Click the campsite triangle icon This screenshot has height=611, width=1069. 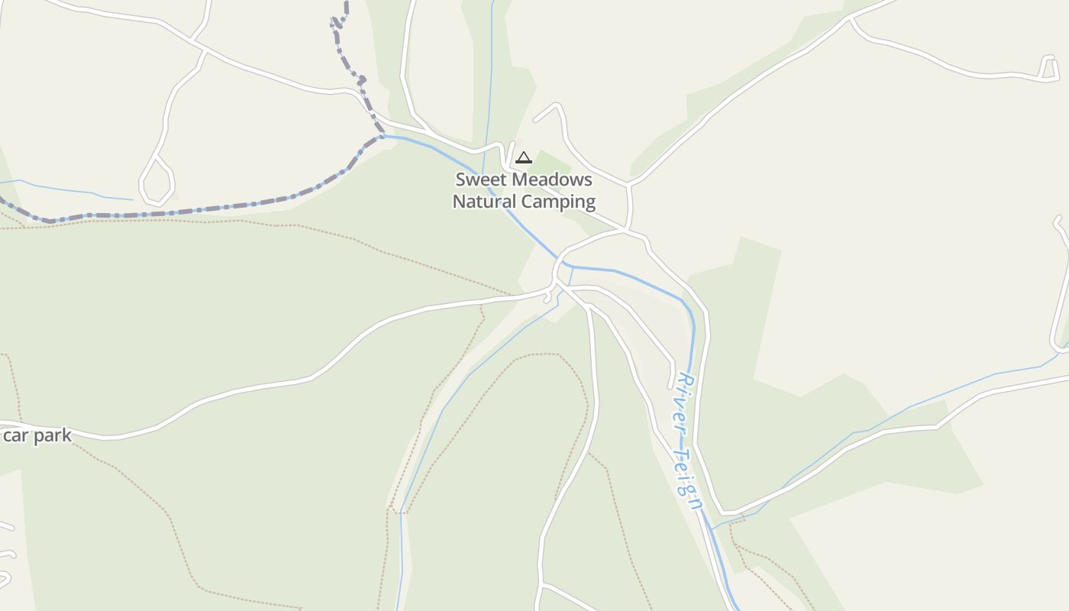click(523, 158)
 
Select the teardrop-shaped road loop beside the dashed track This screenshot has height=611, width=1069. click(157, 182)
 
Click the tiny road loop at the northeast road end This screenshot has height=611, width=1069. click(1048, 66)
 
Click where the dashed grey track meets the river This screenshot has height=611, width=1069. click(382, 137)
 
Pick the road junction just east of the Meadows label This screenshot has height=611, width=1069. click(628, 184)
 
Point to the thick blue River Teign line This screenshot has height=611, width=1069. click(649, 283)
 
